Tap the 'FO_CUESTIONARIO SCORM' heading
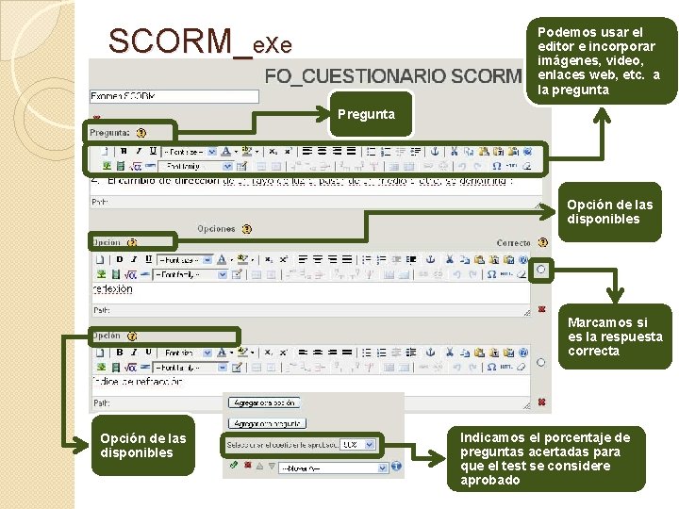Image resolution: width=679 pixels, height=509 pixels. (x=391, y=75)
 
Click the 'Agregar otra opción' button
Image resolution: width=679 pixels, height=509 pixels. (x=264, y=402)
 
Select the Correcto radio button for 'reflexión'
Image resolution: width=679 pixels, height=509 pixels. (x=540, y=270)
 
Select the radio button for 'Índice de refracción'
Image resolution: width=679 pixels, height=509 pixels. (x=540, y=362)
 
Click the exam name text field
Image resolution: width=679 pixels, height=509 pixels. (x=174, y=96)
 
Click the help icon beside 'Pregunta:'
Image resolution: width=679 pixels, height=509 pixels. (x=141, y=134)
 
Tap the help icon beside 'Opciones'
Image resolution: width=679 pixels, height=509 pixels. (x=246, y=229)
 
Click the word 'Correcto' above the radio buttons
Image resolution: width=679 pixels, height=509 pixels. (x=514, y=243)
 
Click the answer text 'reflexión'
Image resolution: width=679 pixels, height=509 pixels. (x=113, y=289)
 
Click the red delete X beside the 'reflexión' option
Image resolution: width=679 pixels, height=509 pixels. (x=541, y=308)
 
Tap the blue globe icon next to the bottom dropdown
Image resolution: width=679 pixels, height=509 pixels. (x=397, y=467)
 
